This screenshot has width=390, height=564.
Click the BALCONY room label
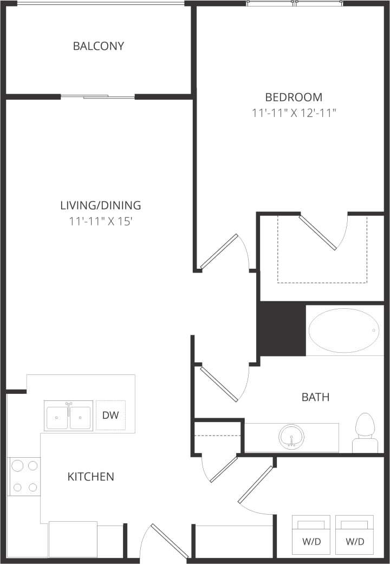pos(99,46)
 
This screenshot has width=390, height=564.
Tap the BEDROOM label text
pos(294,98)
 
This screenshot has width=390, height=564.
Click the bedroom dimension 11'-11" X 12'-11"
pos(294,113)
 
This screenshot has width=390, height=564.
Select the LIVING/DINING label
pos(100,205)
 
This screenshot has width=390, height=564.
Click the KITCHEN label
pos(90,477)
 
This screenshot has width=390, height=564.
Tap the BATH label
pos(315,397)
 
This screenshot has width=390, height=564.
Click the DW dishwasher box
pos(110,416)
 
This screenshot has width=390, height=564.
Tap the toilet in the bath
pos(365,432)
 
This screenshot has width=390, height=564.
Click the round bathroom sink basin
pos(291,437)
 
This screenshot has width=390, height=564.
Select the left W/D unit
pos(311,535)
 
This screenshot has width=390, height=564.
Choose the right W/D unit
pos(354,535)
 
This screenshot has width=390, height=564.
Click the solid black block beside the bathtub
pos(281,328)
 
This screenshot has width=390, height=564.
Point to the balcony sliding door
pos(97,97)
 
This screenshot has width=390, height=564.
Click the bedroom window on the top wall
pos(295,3)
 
